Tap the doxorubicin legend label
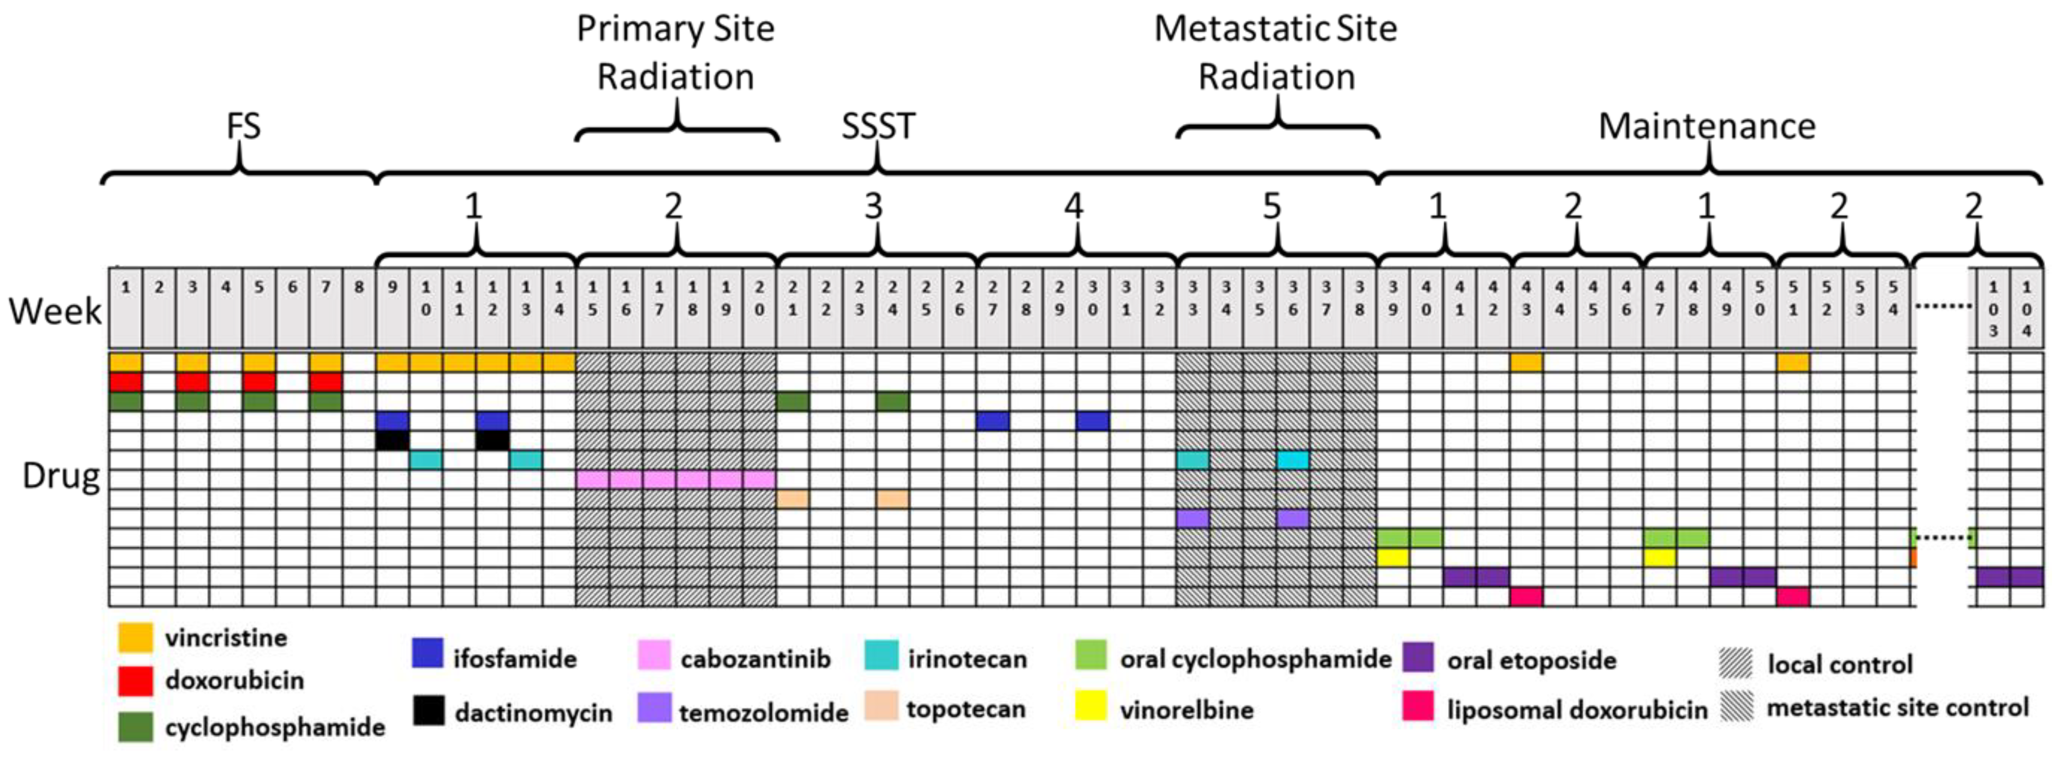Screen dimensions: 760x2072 (234, 680)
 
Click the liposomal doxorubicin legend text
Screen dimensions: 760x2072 (1577, 710)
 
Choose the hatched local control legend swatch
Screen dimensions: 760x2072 (1736, 664)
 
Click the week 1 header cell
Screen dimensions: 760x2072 (125, 308)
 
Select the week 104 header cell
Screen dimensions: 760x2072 (2026, 308)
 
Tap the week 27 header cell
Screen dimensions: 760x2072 (992, 308)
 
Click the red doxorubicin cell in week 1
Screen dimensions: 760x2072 (125, 381)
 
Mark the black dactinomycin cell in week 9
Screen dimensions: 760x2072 (392, 440)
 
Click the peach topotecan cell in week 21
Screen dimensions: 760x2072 (792, 498)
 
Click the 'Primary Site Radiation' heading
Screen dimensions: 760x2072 (676, 53)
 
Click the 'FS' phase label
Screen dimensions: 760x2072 (243, 126)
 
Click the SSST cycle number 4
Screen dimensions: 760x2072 (1074, 207)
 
